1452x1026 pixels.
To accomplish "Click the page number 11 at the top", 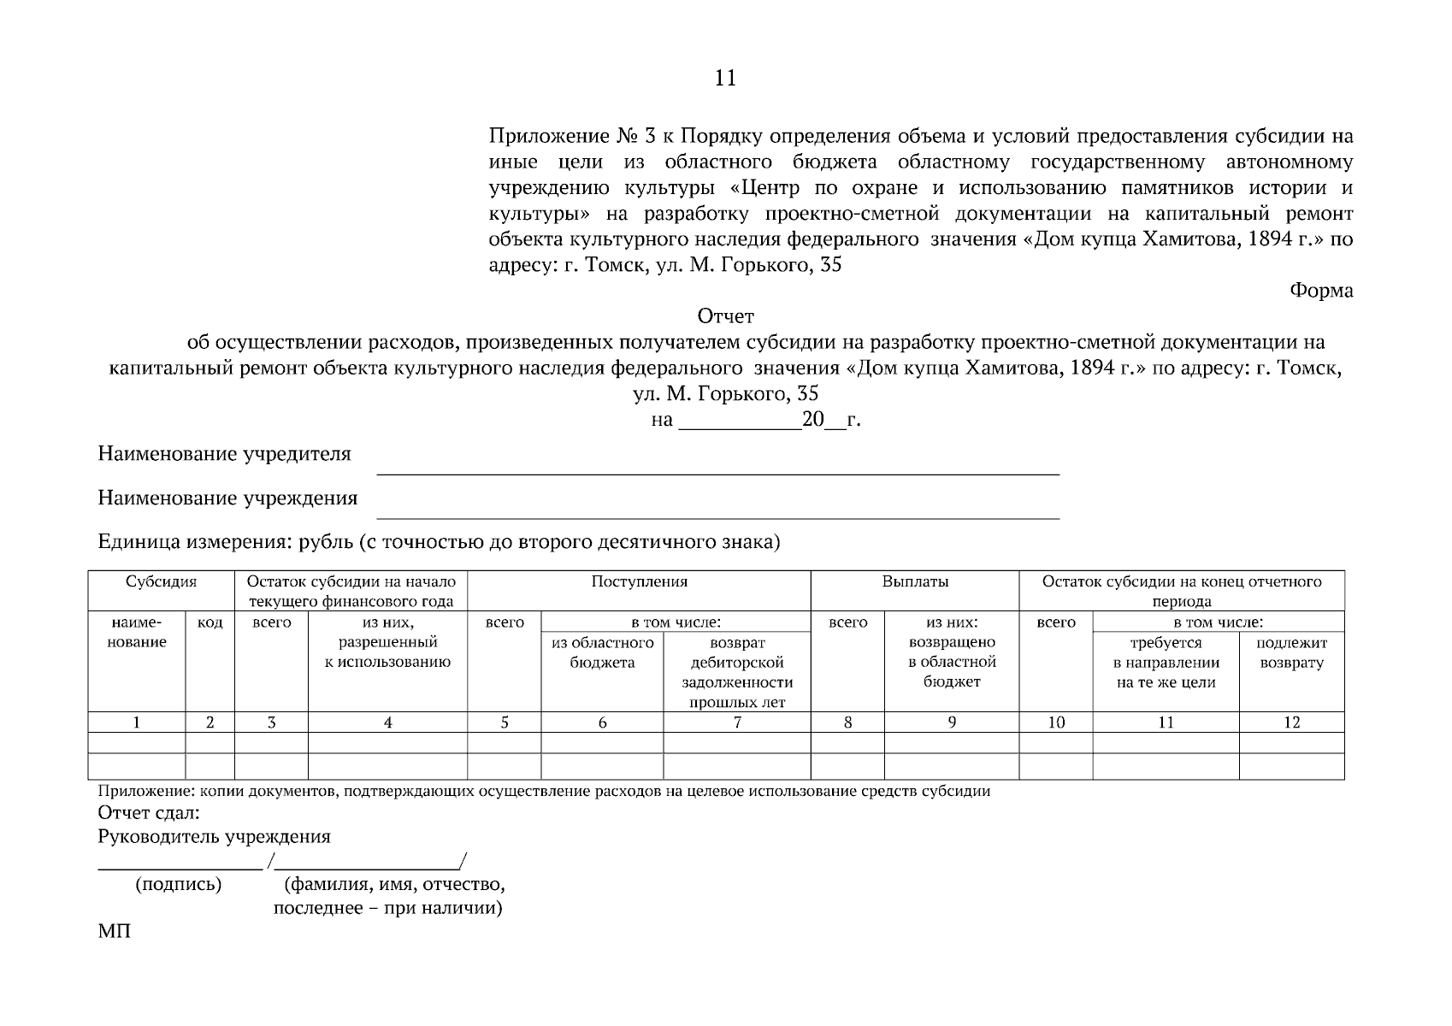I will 724,79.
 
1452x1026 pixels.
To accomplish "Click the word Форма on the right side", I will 1320,291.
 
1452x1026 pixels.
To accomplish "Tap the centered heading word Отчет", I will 726,317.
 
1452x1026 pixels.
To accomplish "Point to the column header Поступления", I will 639,582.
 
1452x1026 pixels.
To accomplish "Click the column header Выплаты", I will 914,582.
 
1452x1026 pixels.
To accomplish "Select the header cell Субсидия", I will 161,582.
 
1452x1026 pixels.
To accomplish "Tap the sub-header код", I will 210,623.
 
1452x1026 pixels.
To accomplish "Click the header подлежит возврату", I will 1291,653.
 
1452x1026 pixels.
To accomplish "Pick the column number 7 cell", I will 736,722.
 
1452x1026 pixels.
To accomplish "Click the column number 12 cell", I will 1291,722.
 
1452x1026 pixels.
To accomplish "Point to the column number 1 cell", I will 137,722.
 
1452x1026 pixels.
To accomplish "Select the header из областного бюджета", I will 602,653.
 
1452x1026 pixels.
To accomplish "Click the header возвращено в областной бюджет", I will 951,662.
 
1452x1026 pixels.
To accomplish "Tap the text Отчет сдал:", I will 149,812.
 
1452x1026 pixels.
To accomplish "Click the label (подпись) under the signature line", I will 178,885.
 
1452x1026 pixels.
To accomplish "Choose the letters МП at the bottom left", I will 115,931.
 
